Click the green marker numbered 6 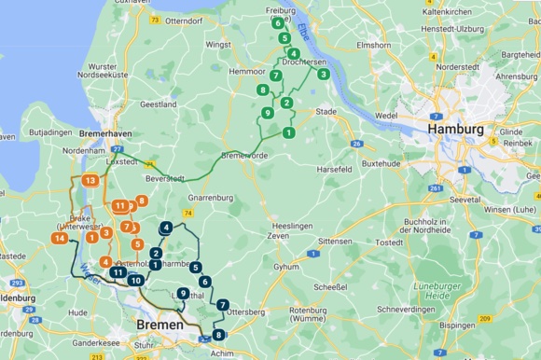(x=278, y=22)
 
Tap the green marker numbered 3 (x=323, y=74)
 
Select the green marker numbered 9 (x=268, y=113)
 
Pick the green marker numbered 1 (x=289, y=133)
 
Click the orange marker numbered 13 (x=90, y=180)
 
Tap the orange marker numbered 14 (x=59, y=239)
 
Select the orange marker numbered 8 (x=142, y=201)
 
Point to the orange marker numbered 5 (x=137, y=244)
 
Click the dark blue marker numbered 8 (x=218, y=335)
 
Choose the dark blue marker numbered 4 (x=166, y=227)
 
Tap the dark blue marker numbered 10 (x=136, y=280)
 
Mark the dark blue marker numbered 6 (x=204, y=281)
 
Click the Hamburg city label (x=455, y=129)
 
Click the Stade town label (x=326, y=111)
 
